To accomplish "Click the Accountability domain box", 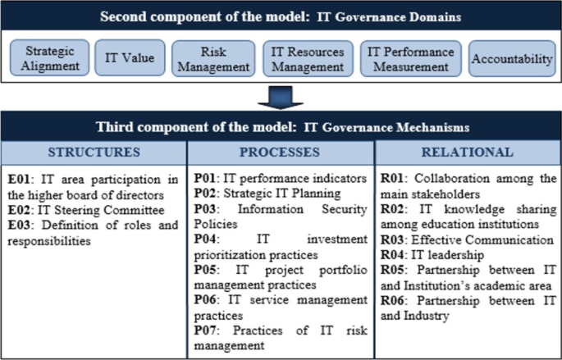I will point(512,59).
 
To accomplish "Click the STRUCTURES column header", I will point(94,152).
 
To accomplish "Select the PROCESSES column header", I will point(280,152).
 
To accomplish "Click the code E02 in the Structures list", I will point(21,208).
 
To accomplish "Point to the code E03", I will point(21,224).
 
